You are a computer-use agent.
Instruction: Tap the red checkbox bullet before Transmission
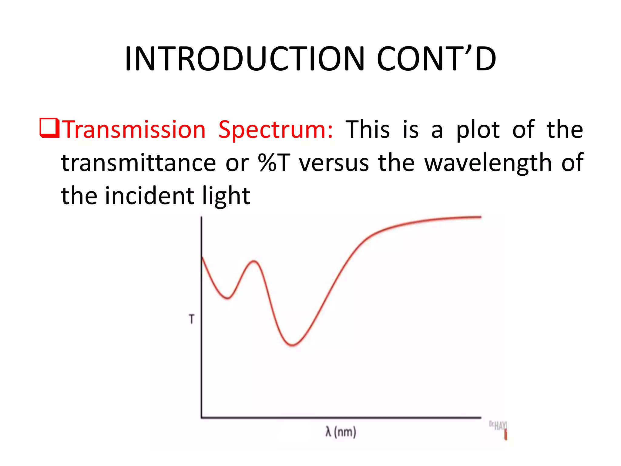(x=49, y=129)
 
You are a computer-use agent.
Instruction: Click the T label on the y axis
(x=191, y=319)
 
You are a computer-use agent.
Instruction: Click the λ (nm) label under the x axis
(x=341, y=432)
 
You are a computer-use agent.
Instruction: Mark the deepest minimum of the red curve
(x=292, y=345)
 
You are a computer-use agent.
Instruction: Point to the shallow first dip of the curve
(x=228, y=298)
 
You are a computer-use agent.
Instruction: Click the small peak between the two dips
(x=254, y=261)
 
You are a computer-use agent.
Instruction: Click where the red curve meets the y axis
(x=202, y=257)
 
